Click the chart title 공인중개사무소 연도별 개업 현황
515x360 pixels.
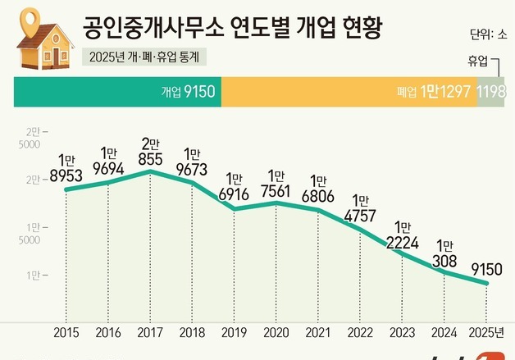[237, 30]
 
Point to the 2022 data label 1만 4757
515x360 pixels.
[359, 211]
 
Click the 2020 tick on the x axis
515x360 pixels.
[276, 333]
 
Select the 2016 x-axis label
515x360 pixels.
[108, 333]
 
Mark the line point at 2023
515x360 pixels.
[402, 253]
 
